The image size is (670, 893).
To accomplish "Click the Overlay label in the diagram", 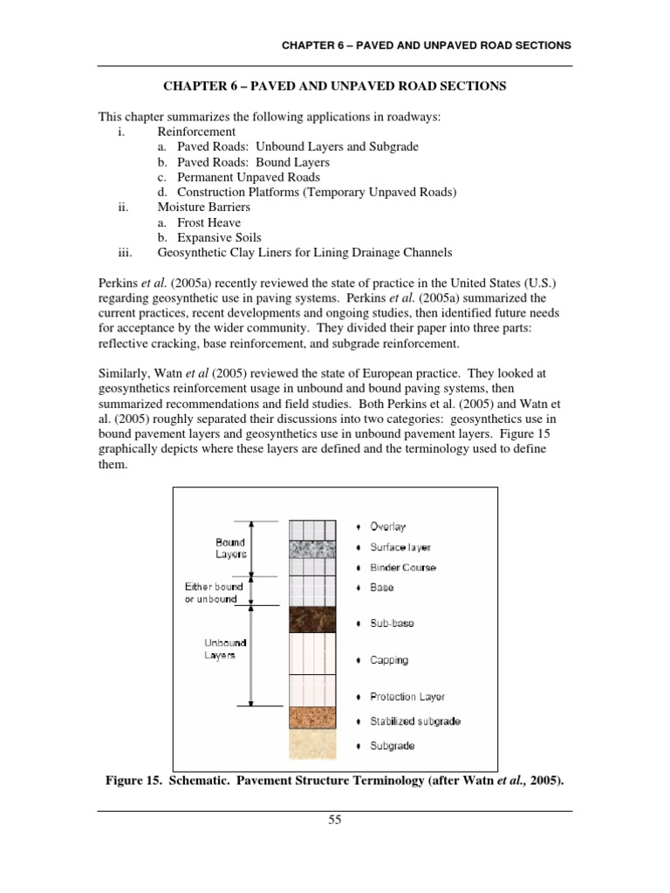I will click(x=387, y=527).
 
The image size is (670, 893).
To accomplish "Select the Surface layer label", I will click(x=400, y=548).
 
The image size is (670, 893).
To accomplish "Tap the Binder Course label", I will click(x=402, y=568).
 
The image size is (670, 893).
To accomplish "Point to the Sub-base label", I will click(x=392, y=624).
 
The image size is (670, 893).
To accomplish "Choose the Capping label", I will click(x=388, y=660).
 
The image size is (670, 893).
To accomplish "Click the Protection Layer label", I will click(x=407, y=697).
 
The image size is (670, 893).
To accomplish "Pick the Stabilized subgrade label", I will click(x=415, y=721).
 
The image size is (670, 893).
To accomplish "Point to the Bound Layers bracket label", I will click(x=231, y=548).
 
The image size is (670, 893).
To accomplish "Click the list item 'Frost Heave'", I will click(x=209, y=223).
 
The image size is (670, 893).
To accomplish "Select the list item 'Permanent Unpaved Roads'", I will click(x=248, y=177).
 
